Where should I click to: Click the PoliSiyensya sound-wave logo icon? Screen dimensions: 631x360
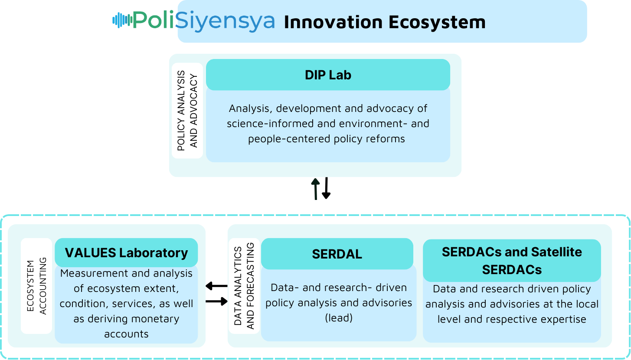tap(122, 20)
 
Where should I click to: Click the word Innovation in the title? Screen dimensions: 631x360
tap(333, 22)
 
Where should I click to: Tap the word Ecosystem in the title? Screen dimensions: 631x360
tap(437, 22)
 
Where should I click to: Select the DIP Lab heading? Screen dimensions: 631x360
tap(328, 75)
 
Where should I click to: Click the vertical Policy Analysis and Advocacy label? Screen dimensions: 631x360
tap(187, 111)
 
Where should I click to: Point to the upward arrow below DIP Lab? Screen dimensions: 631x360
tap(316, 189)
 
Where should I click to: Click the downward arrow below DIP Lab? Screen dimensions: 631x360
tap(326, 188)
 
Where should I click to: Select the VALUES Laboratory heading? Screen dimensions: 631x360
tap(126, 253)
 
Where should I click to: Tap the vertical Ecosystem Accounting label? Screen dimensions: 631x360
tap(36, 286)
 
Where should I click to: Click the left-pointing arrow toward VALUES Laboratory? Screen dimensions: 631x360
tap(216, 286)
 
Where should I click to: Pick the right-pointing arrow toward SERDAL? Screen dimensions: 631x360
tap(216, 301)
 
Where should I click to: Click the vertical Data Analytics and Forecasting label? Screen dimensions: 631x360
tap(244, 286)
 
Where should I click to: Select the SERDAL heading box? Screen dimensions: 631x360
tap(337, 254)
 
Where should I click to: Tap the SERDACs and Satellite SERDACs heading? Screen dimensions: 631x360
tap(512, 261)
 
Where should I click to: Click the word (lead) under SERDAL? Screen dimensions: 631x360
tap(339, 318)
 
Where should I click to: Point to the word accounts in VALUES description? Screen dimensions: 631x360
tap(126, 334)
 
